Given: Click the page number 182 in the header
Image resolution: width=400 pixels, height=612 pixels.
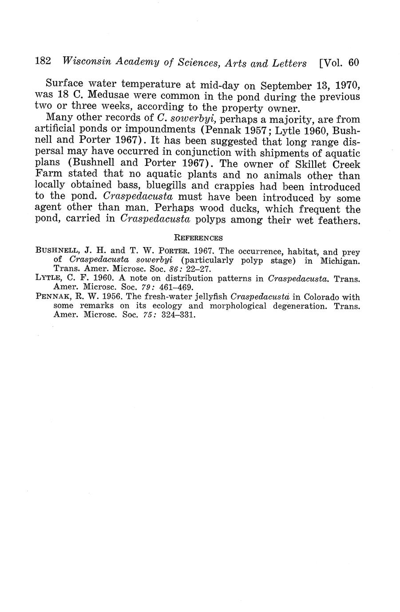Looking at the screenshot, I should (x=44, y=62).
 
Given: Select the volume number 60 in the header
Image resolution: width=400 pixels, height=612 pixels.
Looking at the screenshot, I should (x=353, y=63).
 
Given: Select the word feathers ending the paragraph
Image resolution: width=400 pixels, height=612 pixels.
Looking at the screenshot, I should (x=340, y=220).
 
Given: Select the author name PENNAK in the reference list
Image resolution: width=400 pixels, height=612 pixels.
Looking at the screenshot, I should (x=50, y=297).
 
